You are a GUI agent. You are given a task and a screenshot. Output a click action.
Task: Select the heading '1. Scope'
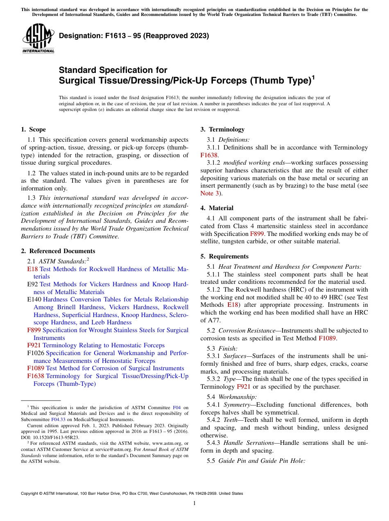(33, 129)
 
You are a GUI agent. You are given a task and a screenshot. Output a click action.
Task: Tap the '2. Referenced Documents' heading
(58, 251)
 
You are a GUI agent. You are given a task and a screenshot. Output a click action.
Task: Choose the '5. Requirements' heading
(224, 256)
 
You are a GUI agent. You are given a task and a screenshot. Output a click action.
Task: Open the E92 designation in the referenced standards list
(32, 284)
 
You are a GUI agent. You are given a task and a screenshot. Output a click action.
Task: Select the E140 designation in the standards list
(34, 299)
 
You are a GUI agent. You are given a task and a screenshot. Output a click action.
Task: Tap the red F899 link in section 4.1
(257, 233)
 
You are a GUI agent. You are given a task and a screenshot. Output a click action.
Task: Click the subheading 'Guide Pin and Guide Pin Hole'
(262, 461)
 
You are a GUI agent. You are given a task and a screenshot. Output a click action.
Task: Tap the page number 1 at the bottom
(194, 503)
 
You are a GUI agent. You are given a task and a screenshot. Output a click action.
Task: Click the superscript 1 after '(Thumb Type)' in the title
(313, 77)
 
